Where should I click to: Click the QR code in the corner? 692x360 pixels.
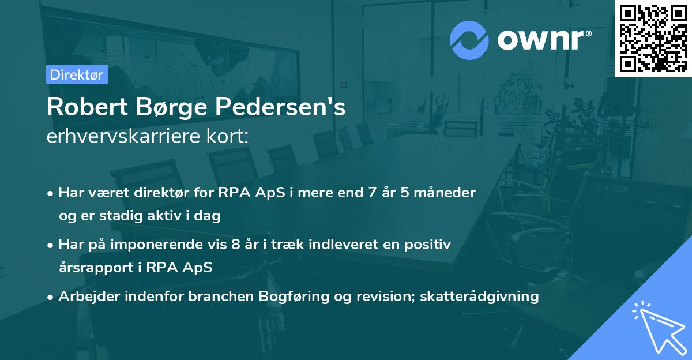coord(653,38)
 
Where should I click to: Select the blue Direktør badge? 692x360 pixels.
coord(77,74)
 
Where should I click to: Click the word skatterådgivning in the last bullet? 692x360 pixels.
coord(480,297)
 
